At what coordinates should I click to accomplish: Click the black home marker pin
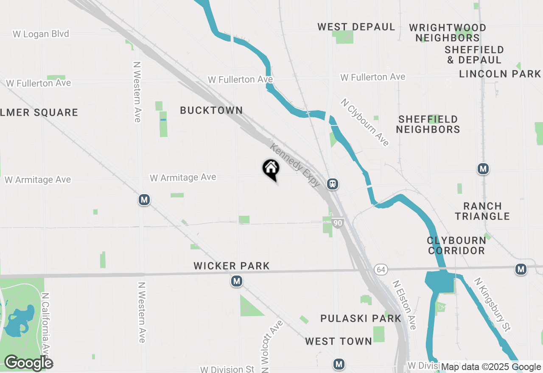coord(271,169)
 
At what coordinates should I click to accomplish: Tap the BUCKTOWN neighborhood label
coord(211,110)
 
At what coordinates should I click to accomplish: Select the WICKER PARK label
coord(232,266)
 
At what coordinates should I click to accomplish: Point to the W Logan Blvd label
coord(41,34)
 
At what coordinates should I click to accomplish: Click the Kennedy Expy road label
coord(295,165)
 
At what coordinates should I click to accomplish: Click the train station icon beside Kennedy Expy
coord(333,184)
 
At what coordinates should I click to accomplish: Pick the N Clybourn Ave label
coord(365,122)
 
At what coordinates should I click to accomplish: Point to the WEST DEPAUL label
coord(356,27)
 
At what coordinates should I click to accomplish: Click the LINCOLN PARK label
coord(500,74)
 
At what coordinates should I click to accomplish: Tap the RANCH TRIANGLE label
coord(482,211)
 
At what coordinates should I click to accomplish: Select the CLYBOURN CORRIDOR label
coord(456,245)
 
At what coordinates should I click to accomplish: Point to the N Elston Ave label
coord(404,304)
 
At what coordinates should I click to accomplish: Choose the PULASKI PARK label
coord(361,318)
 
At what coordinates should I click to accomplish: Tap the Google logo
coord(28,363)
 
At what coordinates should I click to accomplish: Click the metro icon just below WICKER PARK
coord(237,281)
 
